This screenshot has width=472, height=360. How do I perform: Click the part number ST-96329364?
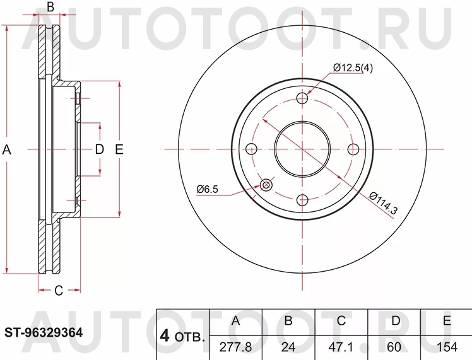(x=44, y=332)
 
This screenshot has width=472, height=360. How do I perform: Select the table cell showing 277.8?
(x=236, y=347)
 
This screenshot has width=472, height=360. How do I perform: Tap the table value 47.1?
(x=341, y=347)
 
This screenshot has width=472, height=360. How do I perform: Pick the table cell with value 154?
(x=446, y=347)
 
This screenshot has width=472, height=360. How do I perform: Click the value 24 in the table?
(x=288, y=347)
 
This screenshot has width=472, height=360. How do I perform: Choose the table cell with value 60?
(x=395, y=347)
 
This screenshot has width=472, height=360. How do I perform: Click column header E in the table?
(x=446, y=321)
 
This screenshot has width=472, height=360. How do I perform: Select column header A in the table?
(x=236, y=321)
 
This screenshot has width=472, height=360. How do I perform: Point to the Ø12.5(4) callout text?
(x=353, y=68)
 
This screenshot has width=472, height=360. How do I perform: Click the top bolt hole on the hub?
(x=303, y=98)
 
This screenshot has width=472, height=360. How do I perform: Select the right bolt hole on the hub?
(x=354, y=149)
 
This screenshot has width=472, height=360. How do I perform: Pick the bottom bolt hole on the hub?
(x=303, y=200)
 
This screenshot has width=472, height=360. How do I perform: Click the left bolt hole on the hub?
(x=252, y=149)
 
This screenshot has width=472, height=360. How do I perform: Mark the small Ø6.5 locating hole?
(x=266, y=185)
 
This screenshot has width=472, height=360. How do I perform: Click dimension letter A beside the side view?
(x=8, y=149)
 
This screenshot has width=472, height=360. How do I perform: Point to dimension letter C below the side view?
(x=58, y=291)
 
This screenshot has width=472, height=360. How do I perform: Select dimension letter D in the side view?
(x=99, y=149)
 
